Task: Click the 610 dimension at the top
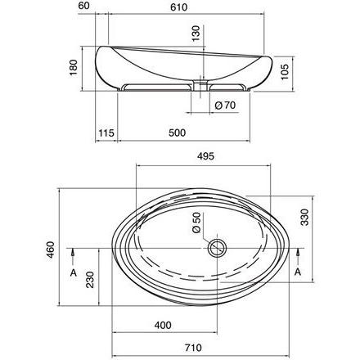(178, 7)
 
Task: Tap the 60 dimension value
(83, 6)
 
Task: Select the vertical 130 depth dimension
(196, 34)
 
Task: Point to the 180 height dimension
(74, 67)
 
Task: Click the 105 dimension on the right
(285, 71)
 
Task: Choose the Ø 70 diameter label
(225, 105)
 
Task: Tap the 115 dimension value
(106, 133)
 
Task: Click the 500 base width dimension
(177, 133)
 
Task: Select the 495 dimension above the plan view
(205, 156)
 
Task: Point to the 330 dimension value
(304, 217)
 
